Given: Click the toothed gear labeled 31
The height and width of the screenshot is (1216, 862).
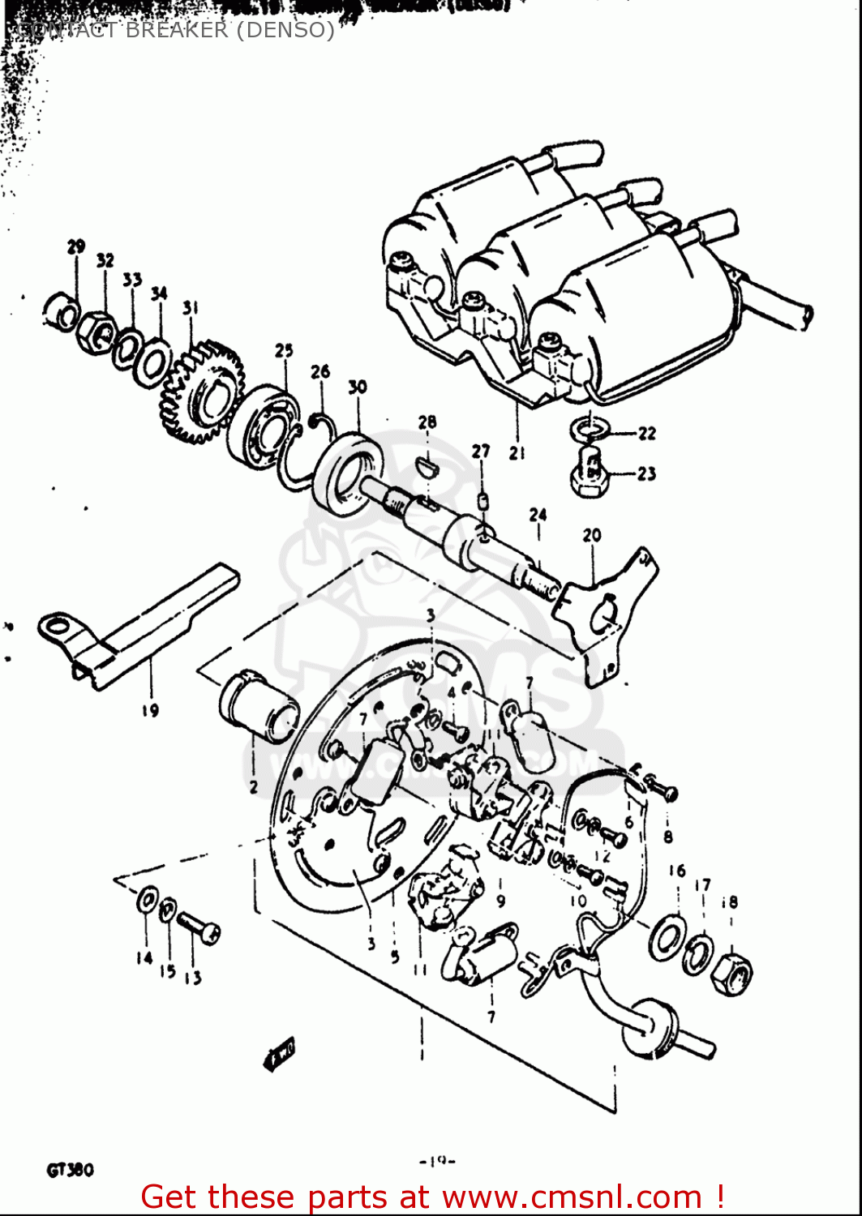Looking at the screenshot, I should pyautogui.click(x=203, y=392).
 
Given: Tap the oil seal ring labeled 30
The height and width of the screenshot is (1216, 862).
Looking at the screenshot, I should pyautogui.click(x=350, y=474).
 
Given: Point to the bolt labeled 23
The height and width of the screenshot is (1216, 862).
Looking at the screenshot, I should pyautogui.click(x=587, y=474).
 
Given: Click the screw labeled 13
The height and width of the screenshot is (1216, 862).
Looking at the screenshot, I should pyautogui.click(x=198, y=927).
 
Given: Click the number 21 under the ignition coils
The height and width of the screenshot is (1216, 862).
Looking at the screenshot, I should pyautogui.click(x=517, y=453).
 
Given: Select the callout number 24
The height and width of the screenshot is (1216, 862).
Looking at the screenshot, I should pyautogui.click(x=538, y=515).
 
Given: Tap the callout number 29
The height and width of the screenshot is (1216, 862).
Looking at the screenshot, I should pyautogui.click(x=75, y=246).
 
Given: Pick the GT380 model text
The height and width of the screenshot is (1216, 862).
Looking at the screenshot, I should pyautogui.click(x=71, y=1170).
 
